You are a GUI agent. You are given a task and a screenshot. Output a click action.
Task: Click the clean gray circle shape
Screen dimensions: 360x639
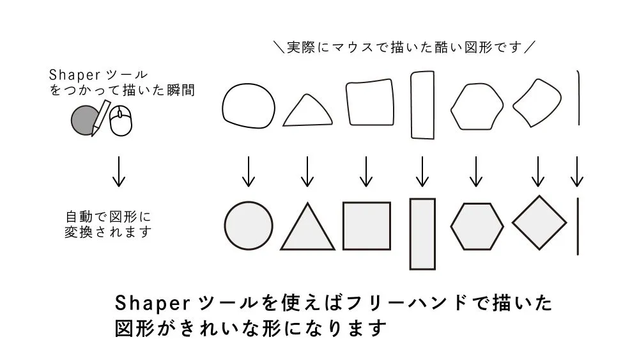(249, 226)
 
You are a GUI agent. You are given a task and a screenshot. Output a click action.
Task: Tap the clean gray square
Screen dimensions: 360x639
(366, 226)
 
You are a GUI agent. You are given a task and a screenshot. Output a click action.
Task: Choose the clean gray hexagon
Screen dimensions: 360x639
(477, 226)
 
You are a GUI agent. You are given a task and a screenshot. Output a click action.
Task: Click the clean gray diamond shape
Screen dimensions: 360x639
(539, 224)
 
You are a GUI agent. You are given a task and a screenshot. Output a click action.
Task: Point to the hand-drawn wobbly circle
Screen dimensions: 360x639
(248, 106)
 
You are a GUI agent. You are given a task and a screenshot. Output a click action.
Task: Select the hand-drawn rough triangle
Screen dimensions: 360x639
(309, 111)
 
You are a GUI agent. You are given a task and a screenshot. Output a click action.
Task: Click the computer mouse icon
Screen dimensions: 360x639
(121, 121)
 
